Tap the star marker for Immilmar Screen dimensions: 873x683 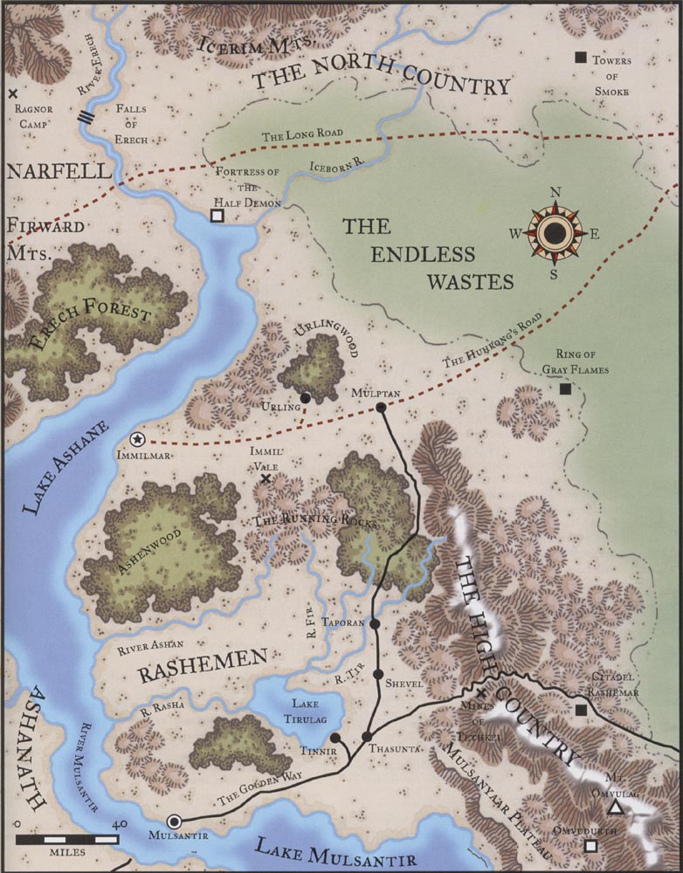(x=137, y=439)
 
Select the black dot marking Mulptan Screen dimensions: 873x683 (x=380, y=407)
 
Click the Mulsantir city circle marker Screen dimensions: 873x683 (x=175, y=821)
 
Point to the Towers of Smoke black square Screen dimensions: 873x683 (x=580, y=58)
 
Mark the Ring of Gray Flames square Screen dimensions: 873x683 (x=566, y=388)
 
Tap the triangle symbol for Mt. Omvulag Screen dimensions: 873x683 (x=615, y=808)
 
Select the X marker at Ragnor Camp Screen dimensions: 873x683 (x=12, y=93)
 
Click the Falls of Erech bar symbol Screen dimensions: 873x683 (x=85, y=118)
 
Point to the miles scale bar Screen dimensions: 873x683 (x=66, y=838)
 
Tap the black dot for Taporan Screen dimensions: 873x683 (x=375, y=624)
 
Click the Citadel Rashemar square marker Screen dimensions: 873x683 (x=580, y=710)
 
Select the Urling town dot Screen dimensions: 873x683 (x=305, y=398)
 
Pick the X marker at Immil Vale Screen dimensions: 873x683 (x=266, y=478)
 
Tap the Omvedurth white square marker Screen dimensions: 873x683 (x=591, y=845)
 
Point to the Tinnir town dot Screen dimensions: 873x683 (x=335, y=738)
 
